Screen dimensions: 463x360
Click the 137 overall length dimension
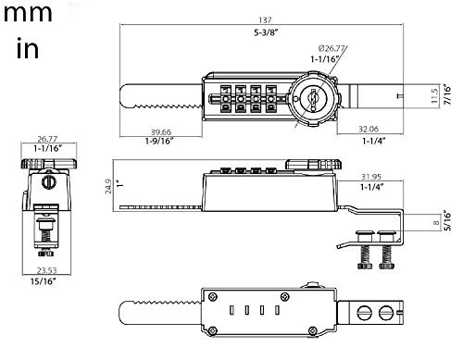pos(265,20)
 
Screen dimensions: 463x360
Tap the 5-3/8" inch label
pos(266,32)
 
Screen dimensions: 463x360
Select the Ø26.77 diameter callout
pos(332,48)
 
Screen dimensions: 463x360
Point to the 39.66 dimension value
pos(161,132)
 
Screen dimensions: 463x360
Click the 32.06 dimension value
pos(369,129)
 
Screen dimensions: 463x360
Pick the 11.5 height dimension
pos(434,96)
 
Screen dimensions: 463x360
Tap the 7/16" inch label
pos(447,94)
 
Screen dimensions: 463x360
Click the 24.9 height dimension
pos(108,186)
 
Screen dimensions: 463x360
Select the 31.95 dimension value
pos(371,177)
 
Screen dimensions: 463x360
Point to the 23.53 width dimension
pos(47,270)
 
